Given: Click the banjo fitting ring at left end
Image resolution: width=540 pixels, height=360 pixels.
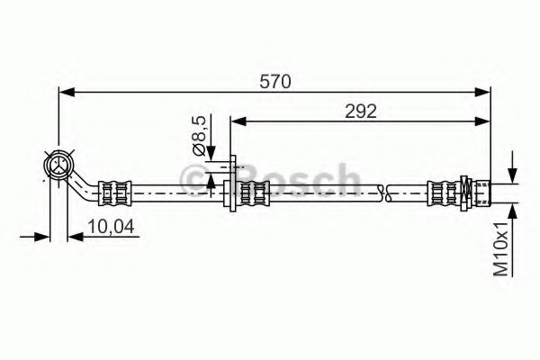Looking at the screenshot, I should (x=58, y=165).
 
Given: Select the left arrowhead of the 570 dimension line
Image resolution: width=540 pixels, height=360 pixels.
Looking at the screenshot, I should (x=65, y=91).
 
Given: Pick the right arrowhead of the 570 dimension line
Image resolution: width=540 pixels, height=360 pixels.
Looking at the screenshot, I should (x=483, y=91).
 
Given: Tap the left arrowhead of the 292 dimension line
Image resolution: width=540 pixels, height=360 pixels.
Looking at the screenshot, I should (x=238, y=120).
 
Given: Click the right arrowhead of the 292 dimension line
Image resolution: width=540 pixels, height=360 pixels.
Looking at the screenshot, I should (x=483, y=120).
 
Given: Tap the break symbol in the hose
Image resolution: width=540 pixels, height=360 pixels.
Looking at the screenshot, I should (x=385, y=192).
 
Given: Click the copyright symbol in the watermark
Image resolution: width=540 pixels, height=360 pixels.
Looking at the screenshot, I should (x=195, y=181).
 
